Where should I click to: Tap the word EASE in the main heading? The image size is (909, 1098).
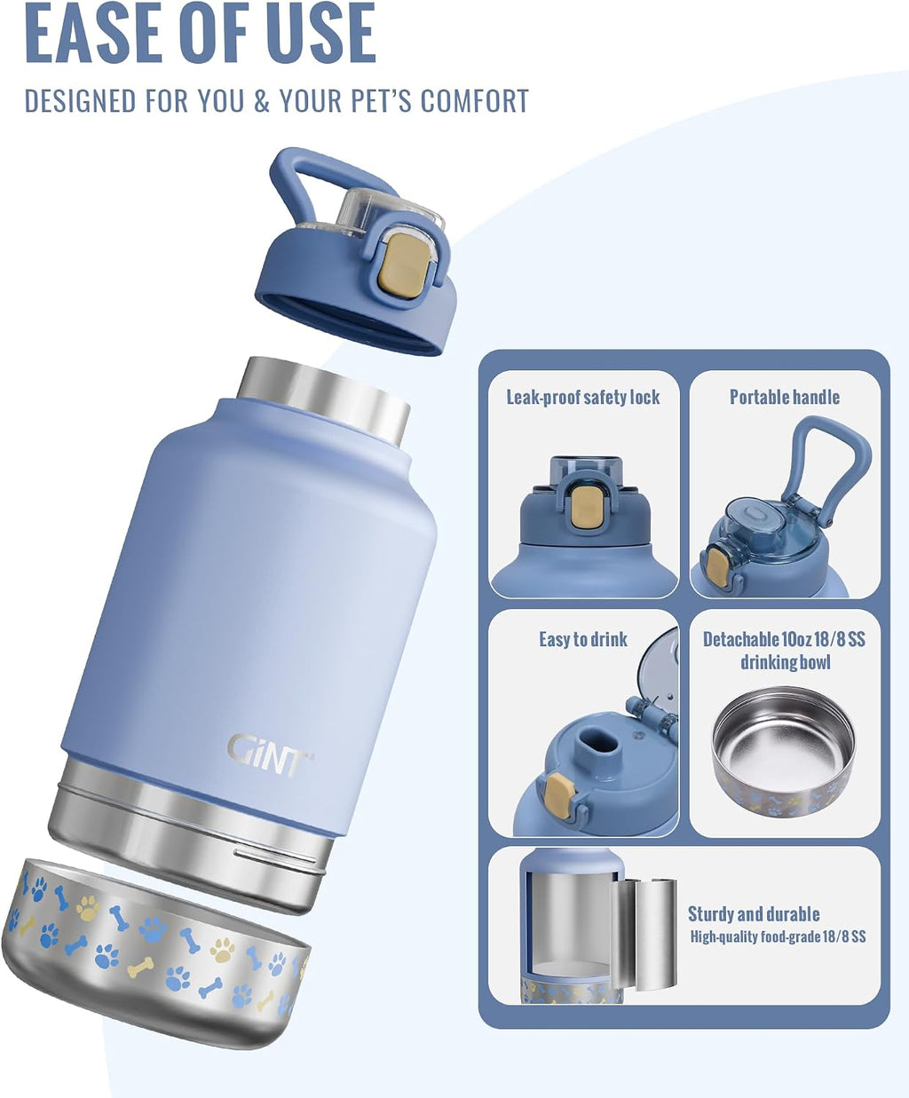(x=93, y=32)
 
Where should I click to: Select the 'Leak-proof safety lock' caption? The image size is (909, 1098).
(x=583, y=398)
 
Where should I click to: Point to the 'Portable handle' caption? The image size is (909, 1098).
(x=785, y=398)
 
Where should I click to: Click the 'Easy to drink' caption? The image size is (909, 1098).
(x=583, y=639)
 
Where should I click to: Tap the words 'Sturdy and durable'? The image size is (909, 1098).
(x=754, y=914)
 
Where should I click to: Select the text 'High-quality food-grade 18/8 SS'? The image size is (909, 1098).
(x=778, y=936)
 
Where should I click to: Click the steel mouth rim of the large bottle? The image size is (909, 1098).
(x=323, y=397)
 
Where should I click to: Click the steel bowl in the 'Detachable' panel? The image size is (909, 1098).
(x=784, y=753)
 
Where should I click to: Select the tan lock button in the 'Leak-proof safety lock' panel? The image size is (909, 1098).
(x=583, y=505)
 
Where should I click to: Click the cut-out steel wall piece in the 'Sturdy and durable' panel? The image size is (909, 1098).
(x=644, y=934)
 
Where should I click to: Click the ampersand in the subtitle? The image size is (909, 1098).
(x=262, y=101)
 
